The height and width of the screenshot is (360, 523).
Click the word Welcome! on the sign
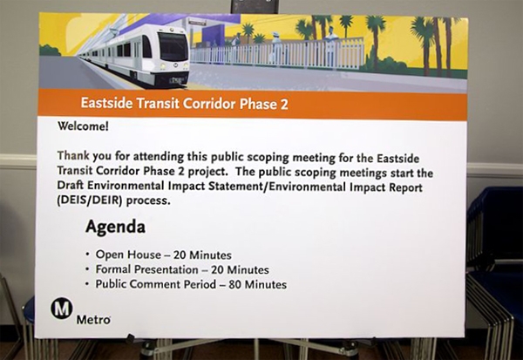[x=83, y=126]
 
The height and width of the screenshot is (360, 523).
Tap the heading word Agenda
[x=115, y=228]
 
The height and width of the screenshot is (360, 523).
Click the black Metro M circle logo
[x=62, y=308]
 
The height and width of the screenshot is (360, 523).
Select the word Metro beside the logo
[x=93, y=320]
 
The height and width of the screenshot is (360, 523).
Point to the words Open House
[x=128, y=255]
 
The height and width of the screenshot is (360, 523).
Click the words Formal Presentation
[x=147, y=269]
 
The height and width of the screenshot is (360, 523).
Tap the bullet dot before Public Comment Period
[x=87, y=284]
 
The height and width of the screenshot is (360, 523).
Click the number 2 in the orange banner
[x=283, y=105]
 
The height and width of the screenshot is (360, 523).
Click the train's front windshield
[x=173, y=46]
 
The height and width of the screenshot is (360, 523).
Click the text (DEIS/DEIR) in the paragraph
[x=90, y=201]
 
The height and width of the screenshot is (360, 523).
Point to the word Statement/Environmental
[x=277, y=187]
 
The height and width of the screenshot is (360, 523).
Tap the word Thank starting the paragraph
[x=73, y=155]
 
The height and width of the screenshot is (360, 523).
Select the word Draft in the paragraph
[x=69, y=185]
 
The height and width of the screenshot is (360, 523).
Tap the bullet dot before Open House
[x=87, y=255]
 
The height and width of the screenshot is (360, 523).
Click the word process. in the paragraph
[x=148, y=201]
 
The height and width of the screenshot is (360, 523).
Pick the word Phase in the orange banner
[x=257, y=105]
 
